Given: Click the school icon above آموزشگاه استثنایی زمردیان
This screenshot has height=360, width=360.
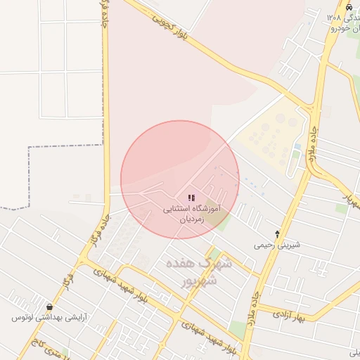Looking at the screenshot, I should tap(191, 198).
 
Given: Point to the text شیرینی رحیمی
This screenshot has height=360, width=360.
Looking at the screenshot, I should tap(277, 245).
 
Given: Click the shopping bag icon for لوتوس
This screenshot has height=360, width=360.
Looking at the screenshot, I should tap(49, 307).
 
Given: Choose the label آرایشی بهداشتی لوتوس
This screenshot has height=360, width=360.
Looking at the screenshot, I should tap(49, 318).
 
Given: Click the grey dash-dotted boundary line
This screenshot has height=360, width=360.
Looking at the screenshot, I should tap(28, 176).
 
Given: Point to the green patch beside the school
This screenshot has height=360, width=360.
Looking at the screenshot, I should tap(224, 223).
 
